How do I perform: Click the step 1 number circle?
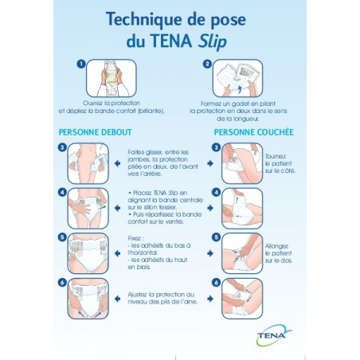[x=81, y=64]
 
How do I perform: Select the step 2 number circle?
[x=209, y=65]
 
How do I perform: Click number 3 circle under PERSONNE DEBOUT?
[x=61, y=147]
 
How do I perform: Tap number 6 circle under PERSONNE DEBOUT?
[x=61, y=283]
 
